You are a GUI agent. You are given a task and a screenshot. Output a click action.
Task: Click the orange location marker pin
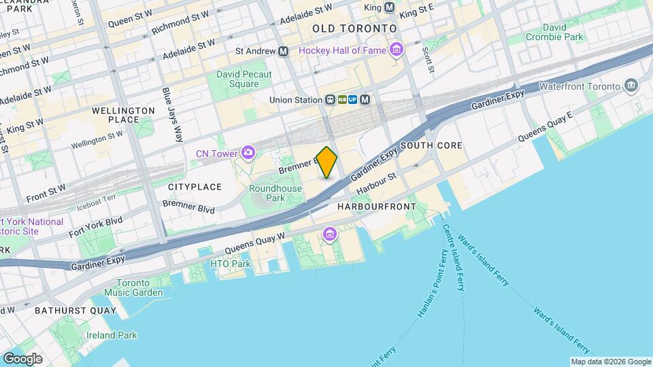pos(327,162)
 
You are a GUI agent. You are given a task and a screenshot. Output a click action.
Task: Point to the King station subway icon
pos(389,7)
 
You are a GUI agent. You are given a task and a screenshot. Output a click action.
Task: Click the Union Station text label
pos(295,100)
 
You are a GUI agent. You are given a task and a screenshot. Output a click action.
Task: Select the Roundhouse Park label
pos(275,193)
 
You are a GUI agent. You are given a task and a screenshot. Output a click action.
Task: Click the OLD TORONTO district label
pos(354,29)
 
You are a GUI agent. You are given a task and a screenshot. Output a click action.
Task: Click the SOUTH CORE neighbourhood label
pos(431,145)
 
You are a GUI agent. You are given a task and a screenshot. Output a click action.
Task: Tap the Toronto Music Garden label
pos(139,287)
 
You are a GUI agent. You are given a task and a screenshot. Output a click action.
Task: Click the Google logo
pos(22,358)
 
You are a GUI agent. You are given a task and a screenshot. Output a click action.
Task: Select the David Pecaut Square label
pos(237,79)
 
